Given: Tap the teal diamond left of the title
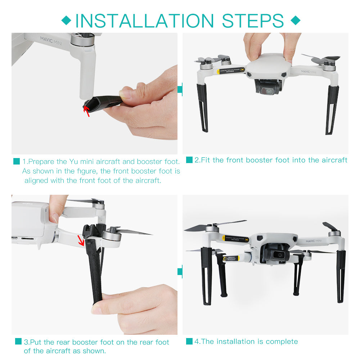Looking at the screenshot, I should [66, 20].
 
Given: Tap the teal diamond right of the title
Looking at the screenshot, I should [295, 20].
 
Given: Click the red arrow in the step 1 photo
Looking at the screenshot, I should [86, 109].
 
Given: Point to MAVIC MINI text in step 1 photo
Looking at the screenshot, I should [51, 40].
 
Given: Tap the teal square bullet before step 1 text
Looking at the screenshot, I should [17, 162].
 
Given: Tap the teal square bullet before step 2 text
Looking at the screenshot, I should [189, 160].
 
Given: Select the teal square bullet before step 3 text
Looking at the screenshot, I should [18, 342].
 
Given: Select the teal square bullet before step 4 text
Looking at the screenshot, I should [189, 341].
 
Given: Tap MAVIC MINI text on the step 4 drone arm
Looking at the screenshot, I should [316, 241].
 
